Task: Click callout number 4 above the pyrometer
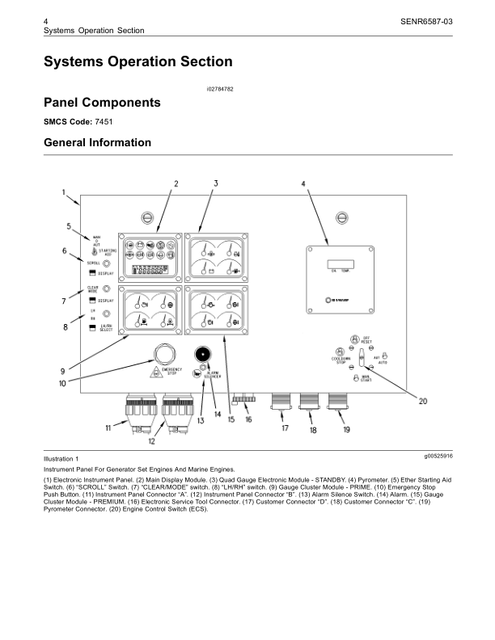tap(303, 183)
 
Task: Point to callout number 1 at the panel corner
tap(64, 192)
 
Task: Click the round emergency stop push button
tap(165, 352)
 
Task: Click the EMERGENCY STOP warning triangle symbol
tap(154, 373)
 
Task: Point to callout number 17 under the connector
tap(285, 428)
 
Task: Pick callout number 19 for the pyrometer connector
tap(346, 430)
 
